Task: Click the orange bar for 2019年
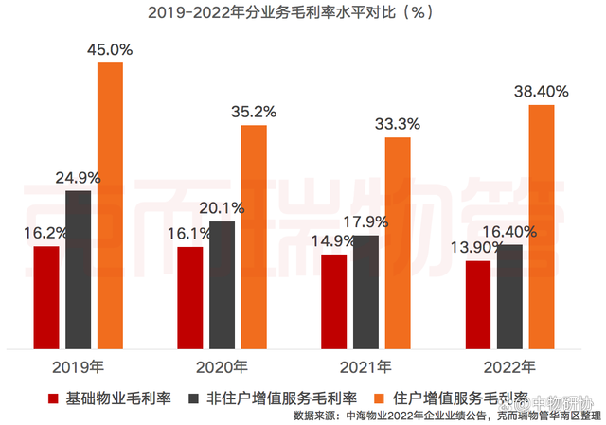click(x=110, y=204)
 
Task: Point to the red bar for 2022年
click(x=479, y=303)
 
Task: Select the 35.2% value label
click(x=253, y=112)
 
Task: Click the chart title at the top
click(x=303, y=13)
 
